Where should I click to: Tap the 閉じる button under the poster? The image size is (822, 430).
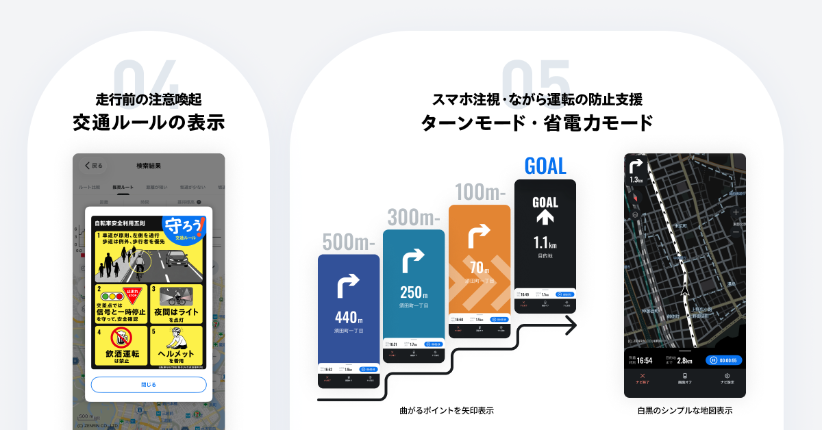[x=149, y=384]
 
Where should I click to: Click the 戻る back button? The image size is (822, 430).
[x=93, y=165]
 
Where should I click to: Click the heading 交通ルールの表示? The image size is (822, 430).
[x=149, y=123]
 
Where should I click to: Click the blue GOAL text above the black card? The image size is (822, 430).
[x=545, y=166]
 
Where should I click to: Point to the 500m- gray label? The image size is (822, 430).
[x=348, y=242]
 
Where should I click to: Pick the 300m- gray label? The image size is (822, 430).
[x=413, y=218]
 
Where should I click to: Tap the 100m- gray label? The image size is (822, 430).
[x=480, y=192]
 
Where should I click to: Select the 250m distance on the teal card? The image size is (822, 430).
[x=414, y=292]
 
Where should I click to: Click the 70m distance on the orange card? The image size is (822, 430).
[x=480, y=267]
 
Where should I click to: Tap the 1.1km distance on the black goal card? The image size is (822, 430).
[x=545, y=243]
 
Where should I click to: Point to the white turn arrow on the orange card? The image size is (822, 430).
[x=478, y=236]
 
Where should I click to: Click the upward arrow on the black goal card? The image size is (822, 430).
[x=545, y=218]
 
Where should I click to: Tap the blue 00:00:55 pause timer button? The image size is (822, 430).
[x=723, y=359]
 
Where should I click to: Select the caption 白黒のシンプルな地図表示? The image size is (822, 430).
[x=684, y=411]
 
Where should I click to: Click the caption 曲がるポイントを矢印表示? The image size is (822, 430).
[x=447, y=411]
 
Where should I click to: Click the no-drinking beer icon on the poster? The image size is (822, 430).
[x=121, y=338]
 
